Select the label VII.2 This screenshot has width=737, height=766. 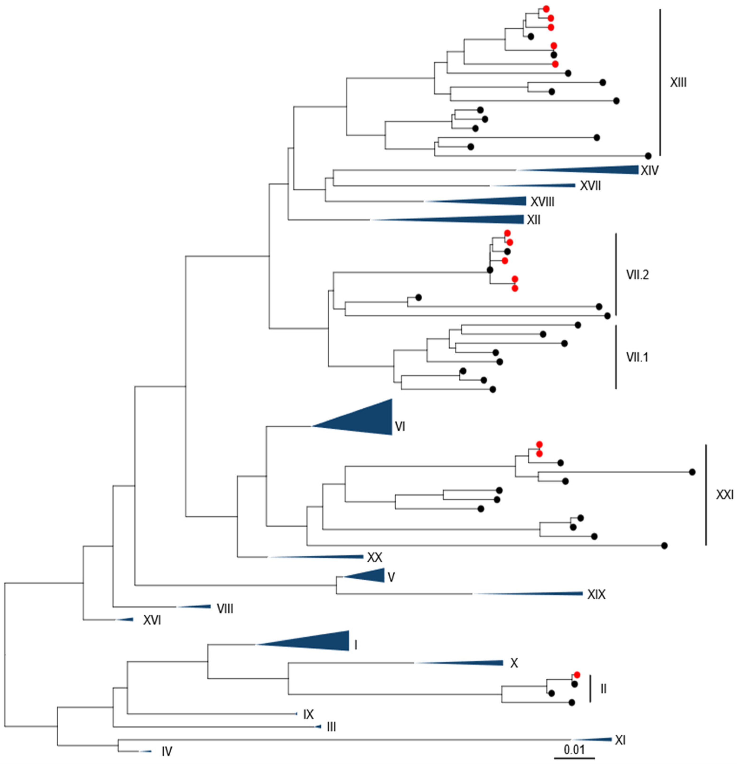coord(637,275)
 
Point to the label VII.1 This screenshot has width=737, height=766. coord(637,357)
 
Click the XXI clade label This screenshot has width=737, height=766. coord(724,494)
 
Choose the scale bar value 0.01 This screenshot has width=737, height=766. coord(574,750)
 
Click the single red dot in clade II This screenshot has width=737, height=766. coord(577,675)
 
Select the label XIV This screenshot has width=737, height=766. coord(649,171)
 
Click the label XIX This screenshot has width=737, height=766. coord(596,595)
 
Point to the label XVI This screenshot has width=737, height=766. coord(152,620)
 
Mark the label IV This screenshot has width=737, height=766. coord(167,751)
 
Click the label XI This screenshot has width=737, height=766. coord(620,740)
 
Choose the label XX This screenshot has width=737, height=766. coord(374,557)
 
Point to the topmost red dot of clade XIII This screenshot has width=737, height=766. coord(546,9)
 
